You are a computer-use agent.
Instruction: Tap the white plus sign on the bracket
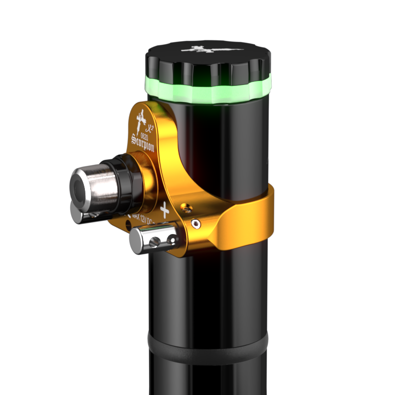pyautogui.click(x=165, y=210)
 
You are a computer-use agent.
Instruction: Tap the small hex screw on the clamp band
pyautogui.click(x=197, y=224)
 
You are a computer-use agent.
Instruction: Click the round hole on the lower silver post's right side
pyautogui.click(x=172, y=239)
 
